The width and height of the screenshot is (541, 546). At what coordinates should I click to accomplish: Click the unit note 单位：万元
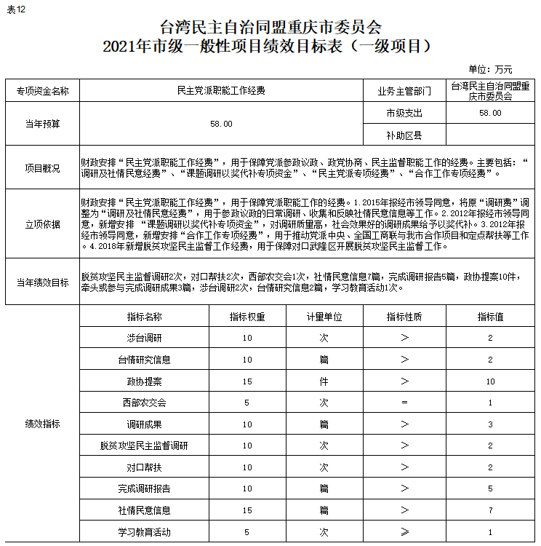490,70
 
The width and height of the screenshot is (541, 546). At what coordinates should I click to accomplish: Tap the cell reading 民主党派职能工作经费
221,91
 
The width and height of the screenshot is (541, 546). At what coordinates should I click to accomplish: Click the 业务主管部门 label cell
404,91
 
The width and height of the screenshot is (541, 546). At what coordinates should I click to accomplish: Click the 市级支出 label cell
404,113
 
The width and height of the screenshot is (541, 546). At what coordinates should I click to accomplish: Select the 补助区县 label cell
404,135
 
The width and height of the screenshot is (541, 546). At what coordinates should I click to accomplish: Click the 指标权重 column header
247,317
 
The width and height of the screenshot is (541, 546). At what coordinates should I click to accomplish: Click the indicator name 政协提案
144,381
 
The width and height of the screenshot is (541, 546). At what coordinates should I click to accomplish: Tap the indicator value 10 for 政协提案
491,381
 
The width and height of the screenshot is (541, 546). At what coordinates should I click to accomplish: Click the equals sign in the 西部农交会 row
404,403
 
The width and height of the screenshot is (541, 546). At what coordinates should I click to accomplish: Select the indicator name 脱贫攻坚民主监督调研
144,445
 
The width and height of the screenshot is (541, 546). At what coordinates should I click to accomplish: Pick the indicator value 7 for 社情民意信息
491,510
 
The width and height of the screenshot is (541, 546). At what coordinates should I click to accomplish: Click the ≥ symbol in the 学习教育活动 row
404,531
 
